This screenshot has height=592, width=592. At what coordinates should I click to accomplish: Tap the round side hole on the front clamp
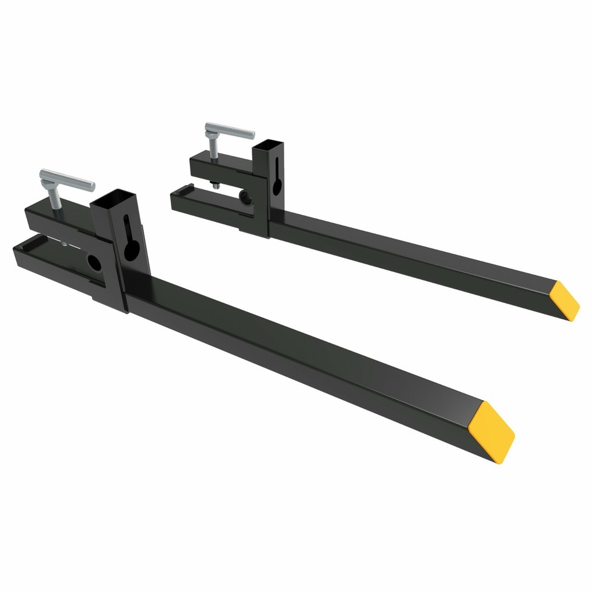pos(94,263)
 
